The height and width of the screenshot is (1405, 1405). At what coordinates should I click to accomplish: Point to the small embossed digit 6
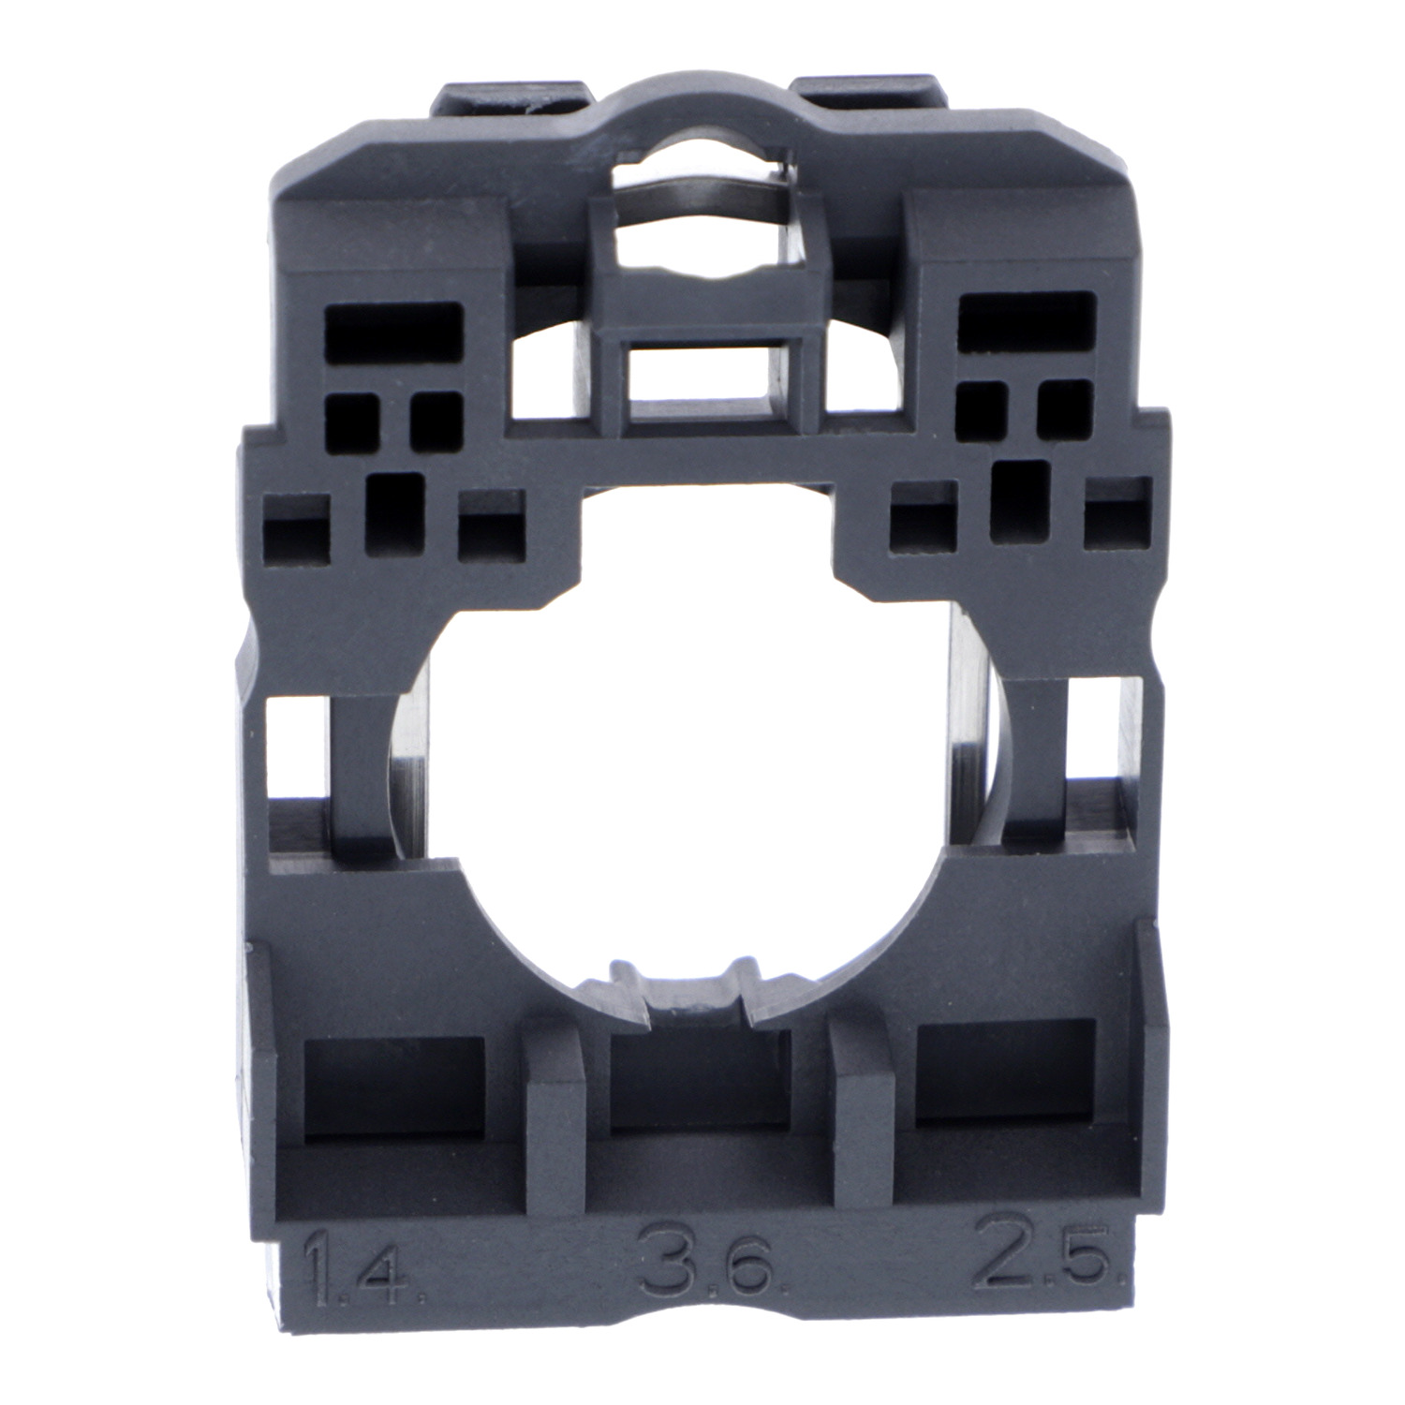coord(748,1275)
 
